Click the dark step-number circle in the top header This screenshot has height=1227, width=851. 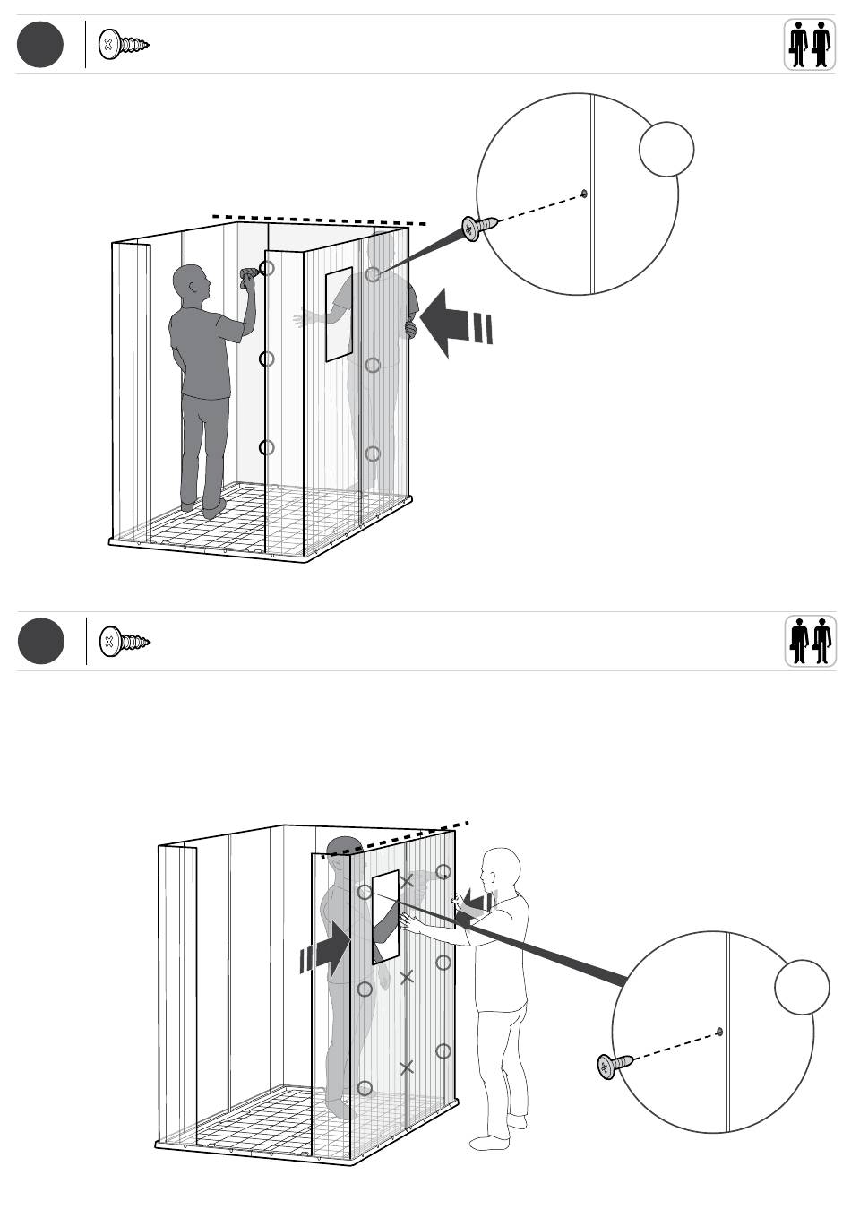(40, 44)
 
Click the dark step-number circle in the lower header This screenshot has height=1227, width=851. (41, 642)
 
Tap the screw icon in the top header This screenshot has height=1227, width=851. (124, 44)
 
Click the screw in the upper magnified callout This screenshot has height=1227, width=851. (479, 227)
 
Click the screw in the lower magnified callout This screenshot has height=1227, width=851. (615, 1065)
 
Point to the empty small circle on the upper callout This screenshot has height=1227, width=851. (666, 149)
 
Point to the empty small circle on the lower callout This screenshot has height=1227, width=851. (802, 987)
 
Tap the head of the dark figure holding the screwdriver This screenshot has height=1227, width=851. (190, 281)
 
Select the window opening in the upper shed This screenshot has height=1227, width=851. (339, 314)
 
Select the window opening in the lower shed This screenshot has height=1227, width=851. (385, 915)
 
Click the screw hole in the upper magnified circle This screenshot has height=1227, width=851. (584, 193)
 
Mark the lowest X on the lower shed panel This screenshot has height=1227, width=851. (406, 1067)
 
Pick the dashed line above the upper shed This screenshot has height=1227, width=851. (318, 220)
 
